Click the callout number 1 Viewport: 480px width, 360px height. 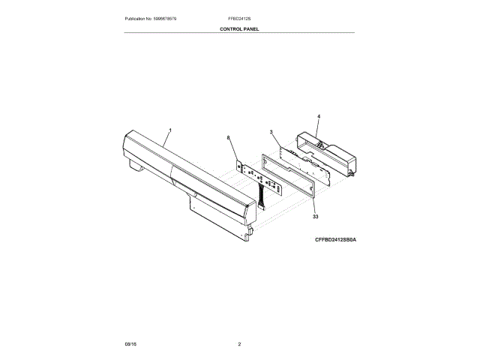coord(169,130)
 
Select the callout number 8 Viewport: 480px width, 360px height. coord(228,138)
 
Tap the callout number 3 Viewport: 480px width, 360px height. coord(271,133)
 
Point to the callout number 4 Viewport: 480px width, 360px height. coord(318,117)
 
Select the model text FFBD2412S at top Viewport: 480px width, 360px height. coord(239,18)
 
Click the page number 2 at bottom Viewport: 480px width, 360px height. coord(239,343)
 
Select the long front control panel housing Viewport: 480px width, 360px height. coord(187,180)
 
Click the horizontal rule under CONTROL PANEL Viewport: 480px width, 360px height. coord(239,33)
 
